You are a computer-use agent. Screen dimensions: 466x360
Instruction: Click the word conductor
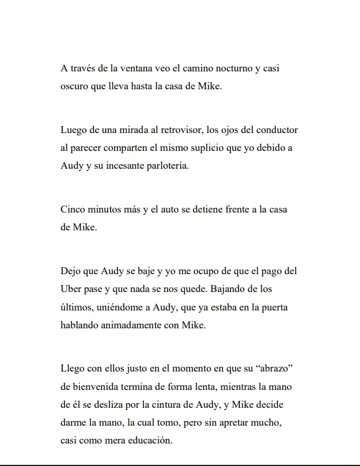click(x=276, y=130)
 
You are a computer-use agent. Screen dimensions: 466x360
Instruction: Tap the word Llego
click(x=73, y=368)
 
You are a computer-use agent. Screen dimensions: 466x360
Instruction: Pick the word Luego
click(x=73, y=130)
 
